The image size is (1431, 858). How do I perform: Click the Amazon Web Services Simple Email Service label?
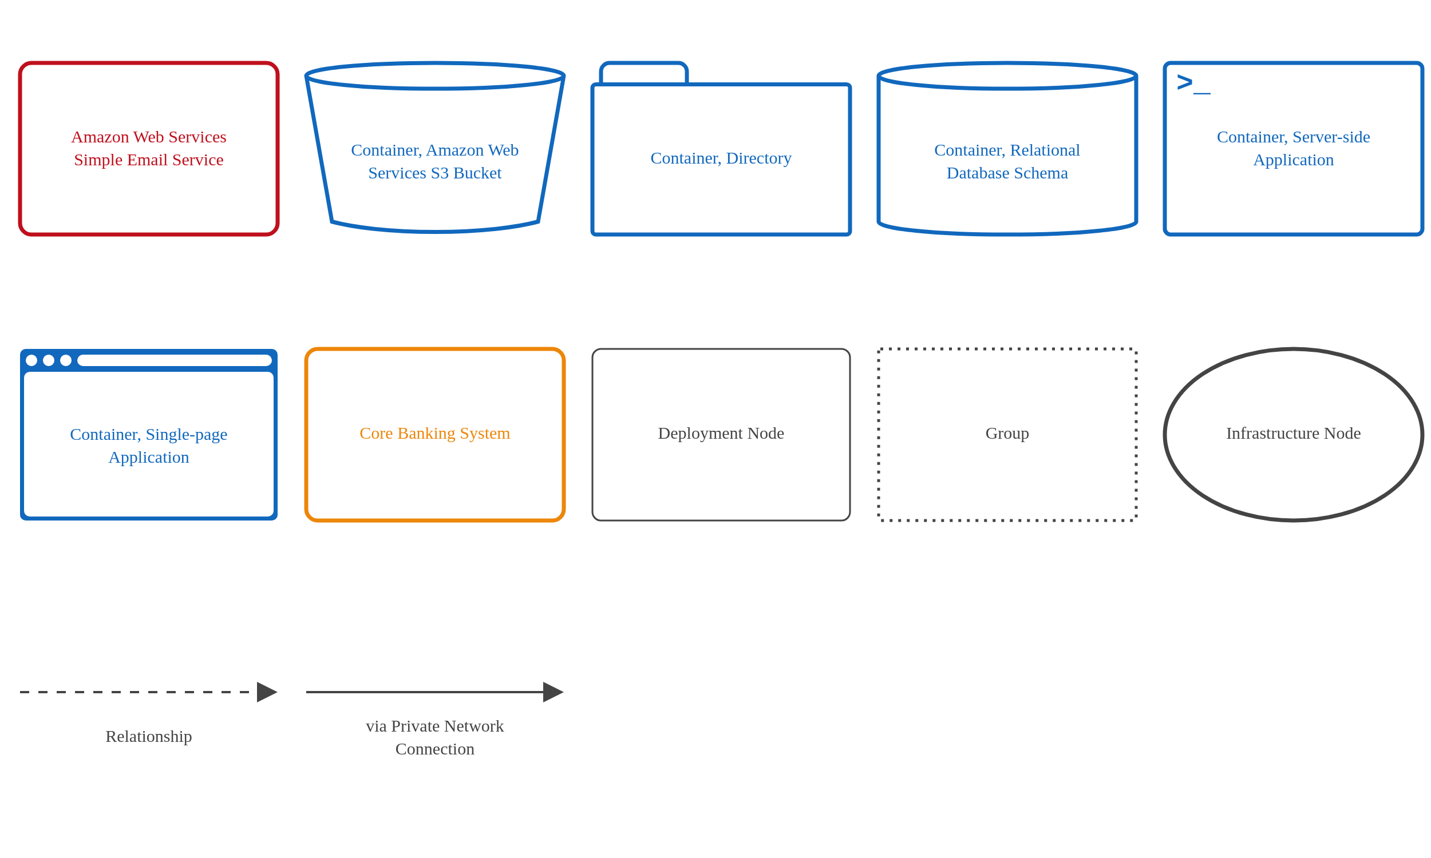[149, 148]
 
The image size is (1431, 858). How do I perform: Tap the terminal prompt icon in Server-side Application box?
[1192, 84]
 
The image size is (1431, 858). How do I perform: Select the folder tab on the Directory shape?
[643, 73]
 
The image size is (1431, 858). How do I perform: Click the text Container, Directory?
[721, 158]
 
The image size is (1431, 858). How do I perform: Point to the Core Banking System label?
[434, 433]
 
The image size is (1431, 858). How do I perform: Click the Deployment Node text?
[721, 433]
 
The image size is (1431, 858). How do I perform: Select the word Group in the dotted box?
[1006, 433]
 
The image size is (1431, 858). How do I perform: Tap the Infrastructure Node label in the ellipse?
[1292, 433]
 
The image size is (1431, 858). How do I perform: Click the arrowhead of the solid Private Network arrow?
[552, 692]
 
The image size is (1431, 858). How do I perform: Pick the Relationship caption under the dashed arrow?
[149, 736]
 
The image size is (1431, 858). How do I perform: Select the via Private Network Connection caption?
[434, 737]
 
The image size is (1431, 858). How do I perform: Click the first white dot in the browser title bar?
[32, 360]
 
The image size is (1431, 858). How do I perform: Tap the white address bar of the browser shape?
[174, 360]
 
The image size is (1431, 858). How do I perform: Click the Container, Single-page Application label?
[149, 445]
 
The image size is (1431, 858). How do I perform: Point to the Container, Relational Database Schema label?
[1006, 161]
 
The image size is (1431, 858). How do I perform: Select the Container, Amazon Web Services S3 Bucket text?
[434, 161]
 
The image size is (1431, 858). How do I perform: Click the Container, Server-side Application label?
[1292, 148]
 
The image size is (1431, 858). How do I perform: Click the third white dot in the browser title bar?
[66, 360]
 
